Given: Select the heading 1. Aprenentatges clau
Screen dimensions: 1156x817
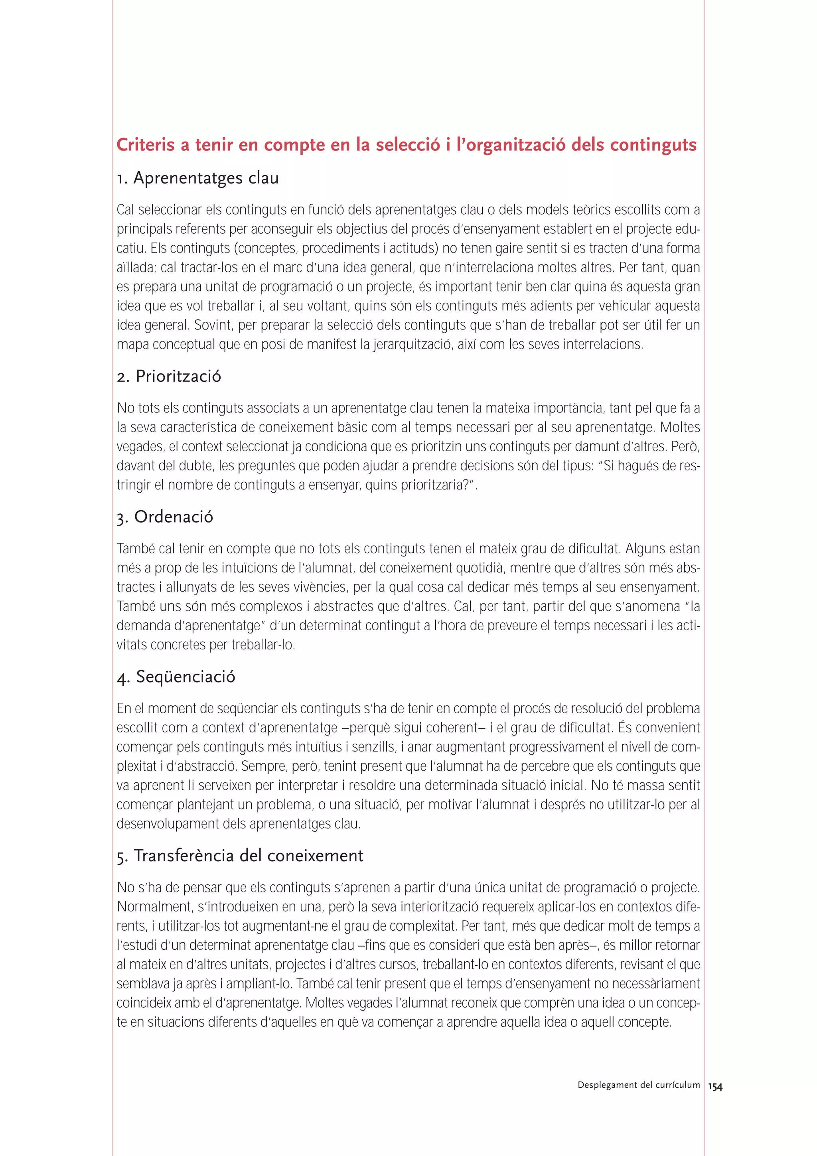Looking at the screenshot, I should click(x=197, y=178).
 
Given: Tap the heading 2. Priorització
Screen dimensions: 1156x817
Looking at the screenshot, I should click(x=169, y=377).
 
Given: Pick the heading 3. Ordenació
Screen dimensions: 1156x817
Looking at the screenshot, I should click(x=165, y=517).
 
